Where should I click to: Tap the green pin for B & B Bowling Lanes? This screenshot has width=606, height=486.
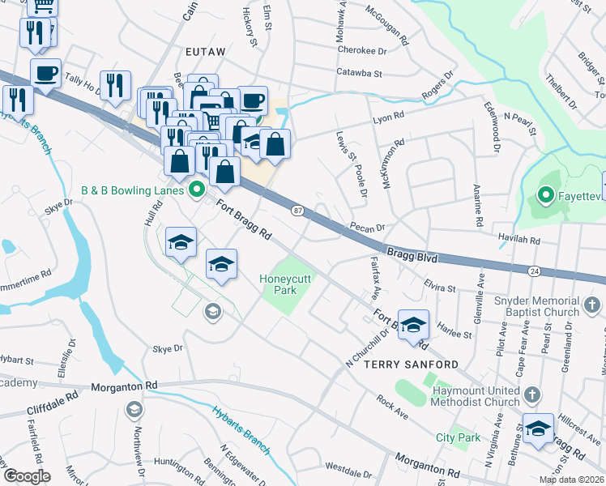(195, 191)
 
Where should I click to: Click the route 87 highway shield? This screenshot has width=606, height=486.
(297, 211)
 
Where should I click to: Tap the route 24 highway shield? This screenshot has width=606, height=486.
(535, 270)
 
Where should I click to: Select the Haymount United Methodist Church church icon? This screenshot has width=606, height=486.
(531, 394)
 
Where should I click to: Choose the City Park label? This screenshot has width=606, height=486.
(458, 438)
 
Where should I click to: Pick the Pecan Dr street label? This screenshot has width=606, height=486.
(366, 228)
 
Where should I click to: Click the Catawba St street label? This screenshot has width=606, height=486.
(360, 73)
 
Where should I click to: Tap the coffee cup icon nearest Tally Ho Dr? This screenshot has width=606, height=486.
(45, 74)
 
